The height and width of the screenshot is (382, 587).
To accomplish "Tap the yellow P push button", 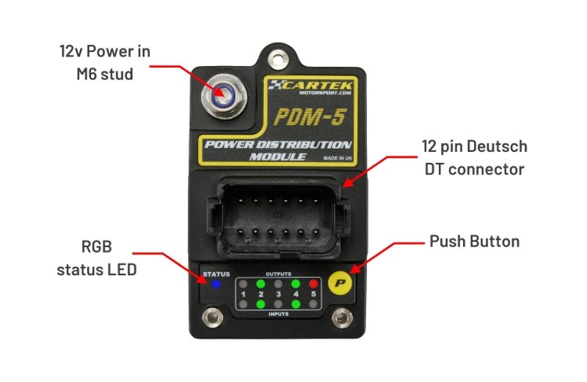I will [x=340, y=282].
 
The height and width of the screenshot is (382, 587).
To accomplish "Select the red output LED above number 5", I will [x=314, y=283].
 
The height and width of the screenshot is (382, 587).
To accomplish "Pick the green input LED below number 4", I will [x=296, y=304].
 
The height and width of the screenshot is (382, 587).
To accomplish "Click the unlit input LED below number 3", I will [x=277, y=304].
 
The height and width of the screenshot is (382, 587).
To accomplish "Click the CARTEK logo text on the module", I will [x=313, y=84].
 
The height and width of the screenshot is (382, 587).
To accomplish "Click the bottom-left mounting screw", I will [x=214, y=318].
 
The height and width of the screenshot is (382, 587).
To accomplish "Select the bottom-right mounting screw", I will [x=340, y=318].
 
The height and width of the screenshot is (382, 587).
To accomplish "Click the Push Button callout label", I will [x=474, y=241].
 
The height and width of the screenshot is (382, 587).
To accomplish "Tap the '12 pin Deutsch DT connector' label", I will [x=474, y=158].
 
